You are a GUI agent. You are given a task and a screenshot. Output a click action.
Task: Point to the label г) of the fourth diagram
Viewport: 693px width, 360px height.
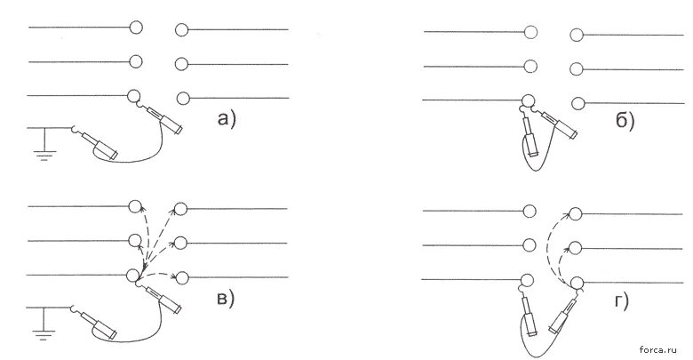[619, 301]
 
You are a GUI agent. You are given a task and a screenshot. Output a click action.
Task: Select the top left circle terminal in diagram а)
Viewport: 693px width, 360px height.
[136, 28]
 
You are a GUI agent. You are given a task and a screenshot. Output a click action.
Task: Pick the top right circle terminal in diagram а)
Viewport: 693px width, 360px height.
[182, 30]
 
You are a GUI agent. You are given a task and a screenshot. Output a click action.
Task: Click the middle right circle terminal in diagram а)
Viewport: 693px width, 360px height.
[182, 64]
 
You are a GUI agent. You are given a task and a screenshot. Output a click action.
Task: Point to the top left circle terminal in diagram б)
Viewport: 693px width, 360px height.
[531, 32]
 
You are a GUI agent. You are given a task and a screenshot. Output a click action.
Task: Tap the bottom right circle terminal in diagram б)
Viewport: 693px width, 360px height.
[577, 102]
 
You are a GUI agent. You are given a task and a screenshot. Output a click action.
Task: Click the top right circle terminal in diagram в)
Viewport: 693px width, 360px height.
[180, 209]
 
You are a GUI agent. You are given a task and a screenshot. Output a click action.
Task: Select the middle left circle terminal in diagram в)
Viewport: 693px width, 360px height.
[136, 241]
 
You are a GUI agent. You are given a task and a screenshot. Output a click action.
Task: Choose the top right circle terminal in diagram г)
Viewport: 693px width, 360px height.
[576, 213]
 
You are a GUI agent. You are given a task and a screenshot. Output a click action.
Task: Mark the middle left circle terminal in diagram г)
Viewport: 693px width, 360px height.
[530, 244]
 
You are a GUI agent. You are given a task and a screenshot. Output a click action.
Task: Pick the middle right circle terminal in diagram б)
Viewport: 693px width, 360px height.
[577, 68]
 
